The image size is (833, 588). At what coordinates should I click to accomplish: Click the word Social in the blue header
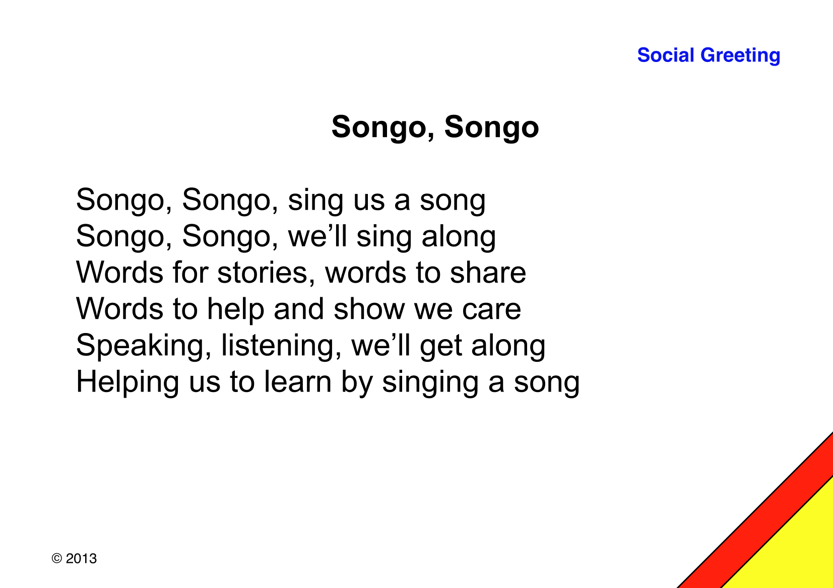666,55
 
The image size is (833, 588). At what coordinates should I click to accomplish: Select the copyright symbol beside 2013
56,558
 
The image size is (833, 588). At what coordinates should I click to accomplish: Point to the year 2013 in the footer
81,558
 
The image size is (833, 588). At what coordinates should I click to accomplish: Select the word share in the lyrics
488,272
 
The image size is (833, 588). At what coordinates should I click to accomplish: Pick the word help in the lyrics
236,309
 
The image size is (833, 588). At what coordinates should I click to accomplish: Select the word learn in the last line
297,381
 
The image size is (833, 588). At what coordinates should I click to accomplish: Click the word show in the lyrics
369,309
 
